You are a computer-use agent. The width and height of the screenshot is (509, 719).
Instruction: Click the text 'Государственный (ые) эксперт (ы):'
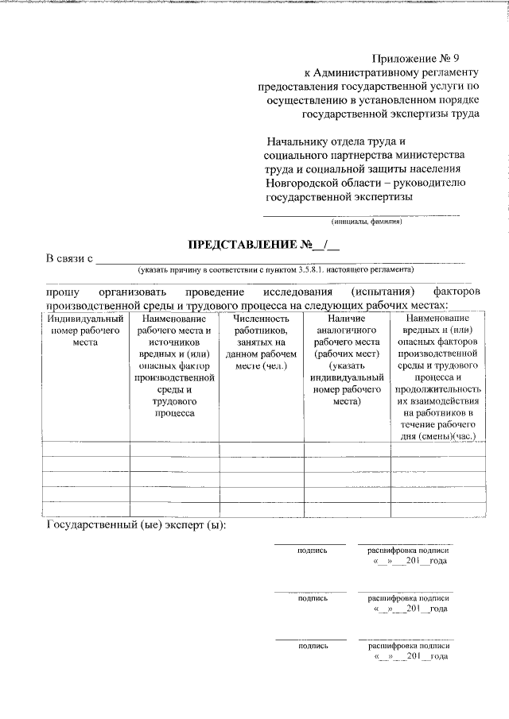[137, 526]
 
